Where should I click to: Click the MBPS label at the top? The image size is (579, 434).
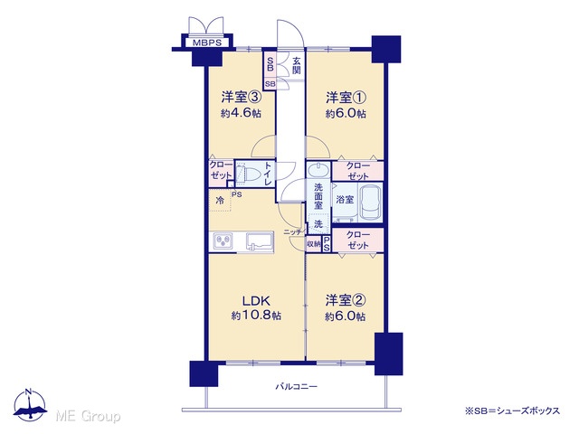click(207, 42)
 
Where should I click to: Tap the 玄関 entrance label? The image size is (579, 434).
click(297, 65)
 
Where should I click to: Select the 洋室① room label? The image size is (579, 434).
click(346, 98)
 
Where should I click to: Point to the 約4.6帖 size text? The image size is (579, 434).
click(241, 113)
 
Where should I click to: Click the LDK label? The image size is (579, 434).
click(256, 301)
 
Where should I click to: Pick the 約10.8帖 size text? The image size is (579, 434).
click(256, 316)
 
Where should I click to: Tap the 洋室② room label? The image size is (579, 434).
click(346, 301)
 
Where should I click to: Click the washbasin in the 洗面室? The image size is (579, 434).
click(318, 170)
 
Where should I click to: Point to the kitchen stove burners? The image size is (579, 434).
click(222, 241)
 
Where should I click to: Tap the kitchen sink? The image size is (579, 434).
click(260, 241)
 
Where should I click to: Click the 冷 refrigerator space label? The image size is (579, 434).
click(220, 201)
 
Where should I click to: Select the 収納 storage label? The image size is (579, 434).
click(314, 244)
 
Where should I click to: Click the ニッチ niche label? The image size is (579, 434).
click(293, 232)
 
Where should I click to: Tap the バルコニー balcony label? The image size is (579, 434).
click(297, 387)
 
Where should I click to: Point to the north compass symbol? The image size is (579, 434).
click(29, 405)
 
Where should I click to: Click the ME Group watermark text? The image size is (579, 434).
click(88, 416)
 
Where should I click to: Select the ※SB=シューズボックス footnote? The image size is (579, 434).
click(513, 410)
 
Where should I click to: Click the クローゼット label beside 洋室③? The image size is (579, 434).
click(221, 170)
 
